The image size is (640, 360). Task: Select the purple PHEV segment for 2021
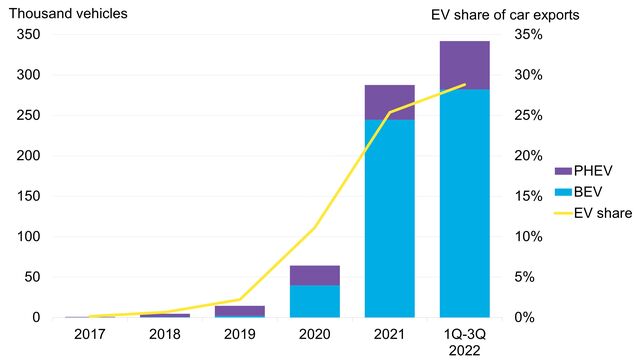pos(390,102)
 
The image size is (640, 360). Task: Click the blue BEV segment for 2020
pos(315,301)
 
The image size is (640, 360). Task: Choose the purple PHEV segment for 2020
pos(315,275)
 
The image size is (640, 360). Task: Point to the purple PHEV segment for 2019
pos(240,310)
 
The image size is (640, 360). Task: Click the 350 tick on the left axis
pos(28,35)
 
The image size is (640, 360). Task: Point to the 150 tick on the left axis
pos(28,196)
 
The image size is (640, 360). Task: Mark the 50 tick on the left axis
pos(32,277)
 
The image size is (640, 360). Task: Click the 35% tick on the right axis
pos(527,35)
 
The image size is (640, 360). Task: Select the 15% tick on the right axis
pos(527,196)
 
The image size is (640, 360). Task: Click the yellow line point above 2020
pos(315,228)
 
